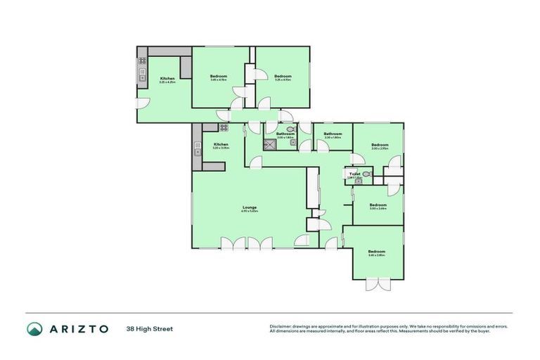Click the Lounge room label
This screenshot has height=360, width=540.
[250, 207]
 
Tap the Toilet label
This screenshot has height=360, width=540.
[354, 174]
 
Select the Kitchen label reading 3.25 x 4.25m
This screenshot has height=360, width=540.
[167, 78]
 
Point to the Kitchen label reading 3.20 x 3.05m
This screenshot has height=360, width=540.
[221, 145]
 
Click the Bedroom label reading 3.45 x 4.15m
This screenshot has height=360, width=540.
[219, 76]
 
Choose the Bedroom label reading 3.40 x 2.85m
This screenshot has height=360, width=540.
[377, 252]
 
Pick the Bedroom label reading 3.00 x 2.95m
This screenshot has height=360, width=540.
[380, 146]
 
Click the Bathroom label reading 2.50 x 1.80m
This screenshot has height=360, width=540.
[333, 134]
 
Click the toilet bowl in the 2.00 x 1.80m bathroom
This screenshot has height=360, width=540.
[291, 129]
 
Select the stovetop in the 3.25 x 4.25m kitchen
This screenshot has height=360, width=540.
[141, 60]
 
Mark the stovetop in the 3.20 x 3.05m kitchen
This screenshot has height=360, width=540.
[224, 128]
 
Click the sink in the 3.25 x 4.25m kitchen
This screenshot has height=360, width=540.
[141, 74]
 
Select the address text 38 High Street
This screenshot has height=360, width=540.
[149, 328]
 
